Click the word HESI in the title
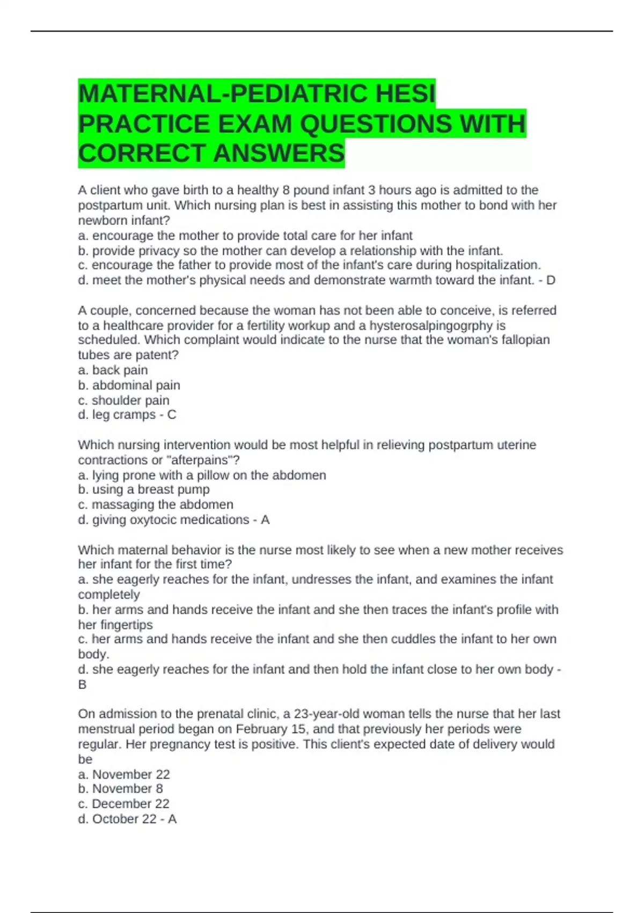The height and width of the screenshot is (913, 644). coord(405,94)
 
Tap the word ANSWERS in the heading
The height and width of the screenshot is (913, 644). coord(279,154)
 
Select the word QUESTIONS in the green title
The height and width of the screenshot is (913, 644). coord(375,124)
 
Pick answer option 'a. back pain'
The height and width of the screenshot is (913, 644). coord(113,370)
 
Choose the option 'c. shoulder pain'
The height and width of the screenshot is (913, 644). coord(123,400)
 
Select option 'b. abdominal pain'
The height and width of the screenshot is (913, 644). coord(129,385)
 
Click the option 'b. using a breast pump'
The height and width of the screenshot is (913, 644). coord(143,489)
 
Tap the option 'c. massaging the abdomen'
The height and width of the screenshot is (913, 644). coord(155,504)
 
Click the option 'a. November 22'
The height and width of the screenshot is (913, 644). coord(123,774)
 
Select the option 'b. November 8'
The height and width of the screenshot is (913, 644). coord(120,788)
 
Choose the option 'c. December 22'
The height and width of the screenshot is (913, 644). coord(123,803)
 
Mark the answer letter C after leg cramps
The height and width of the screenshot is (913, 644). coord(172,415)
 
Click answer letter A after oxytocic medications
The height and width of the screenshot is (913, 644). coord(265,520)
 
